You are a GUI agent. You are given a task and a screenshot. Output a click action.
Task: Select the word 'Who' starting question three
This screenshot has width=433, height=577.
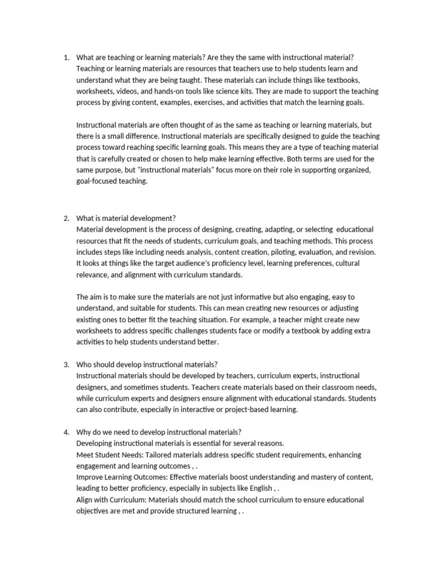[x=85, y=365]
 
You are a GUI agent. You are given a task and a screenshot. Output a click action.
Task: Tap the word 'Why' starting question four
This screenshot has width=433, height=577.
[x=84, y=432]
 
